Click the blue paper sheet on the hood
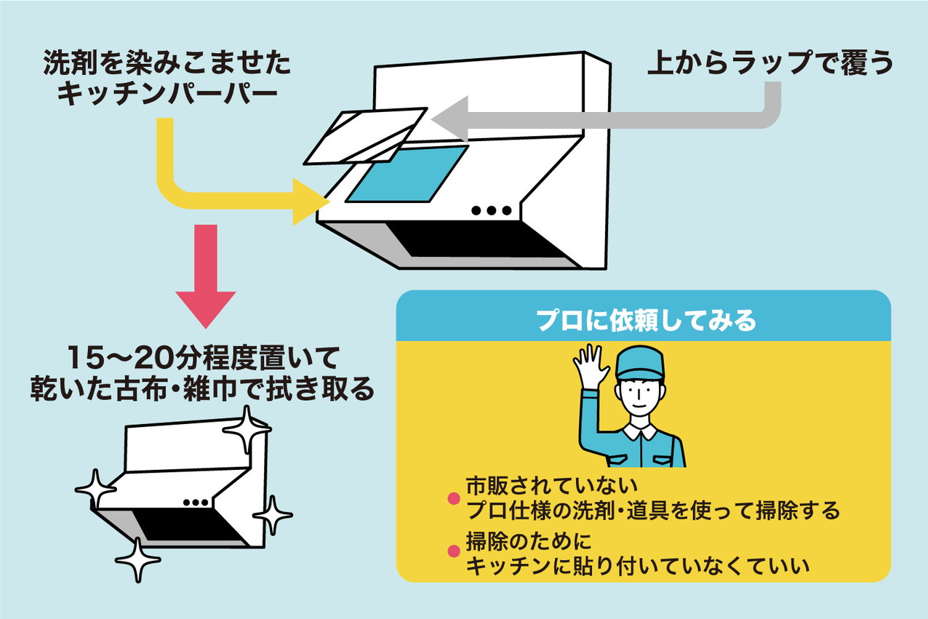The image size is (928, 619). click(407, 173)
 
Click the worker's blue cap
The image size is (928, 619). click(640, 362)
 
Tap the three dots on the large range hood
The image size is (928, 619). click(492, 211)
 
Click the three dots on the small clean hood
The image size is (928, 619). click(196, 503)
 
